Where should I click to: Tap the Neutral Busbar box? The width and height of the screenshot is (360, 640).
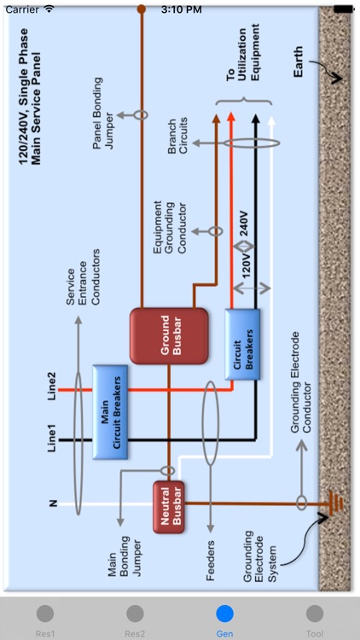coord(169,508)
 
